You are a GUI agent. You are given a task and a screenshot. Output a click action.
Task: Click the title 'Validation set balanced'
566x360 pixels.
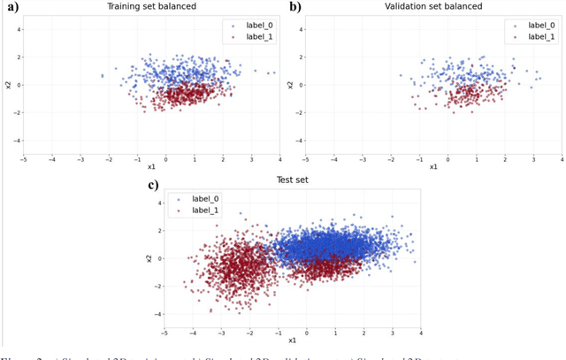433,6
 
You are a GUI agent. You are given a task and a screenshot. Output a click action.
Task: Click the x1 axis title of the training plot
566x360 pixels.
151,166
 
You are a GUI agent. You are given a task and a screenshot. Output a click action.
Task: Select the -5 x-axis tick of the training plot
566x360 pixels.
24,160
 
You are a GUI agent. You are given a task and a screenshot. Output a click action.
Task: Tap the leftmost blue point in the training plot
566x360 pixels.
102,76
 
